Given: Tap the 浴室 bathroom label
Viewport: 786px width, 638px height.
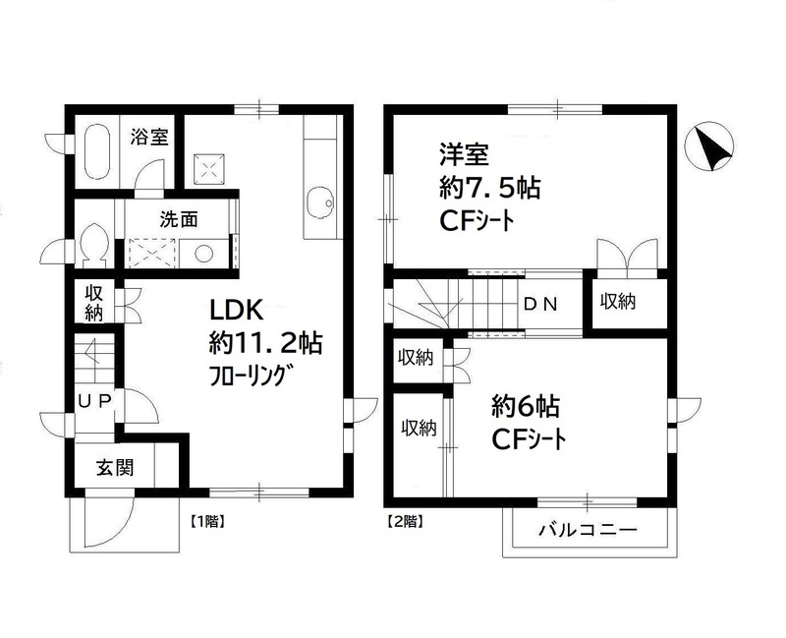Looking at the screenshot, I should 149,138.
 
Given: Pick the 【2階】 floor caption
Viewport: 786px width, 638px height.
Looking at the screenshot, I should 405,522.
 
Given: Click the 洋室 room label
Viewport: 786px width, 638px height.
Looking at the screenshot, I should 458,154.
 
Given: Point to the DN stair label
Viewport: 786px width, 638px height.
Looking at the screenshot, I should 539,304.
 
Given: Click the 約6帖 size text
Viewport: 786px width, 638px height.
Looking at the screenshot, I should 520,405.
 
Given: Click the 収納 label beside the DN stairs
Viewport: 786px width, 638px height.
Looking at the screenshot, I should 618,302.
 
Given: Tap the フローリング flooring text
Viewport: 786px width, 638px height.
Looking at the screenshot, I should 252,376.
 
